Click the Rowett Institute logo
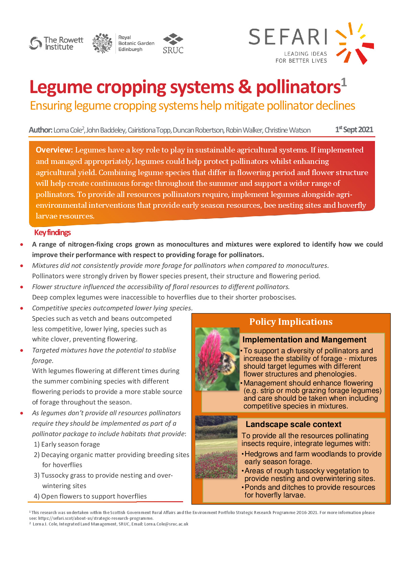click(x=56, y=43)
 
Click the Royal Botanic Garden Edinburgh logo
click(x=123, y=43)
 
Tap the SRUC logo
click(x=173, y=44)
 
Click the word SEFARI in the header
click(x=288, y=37)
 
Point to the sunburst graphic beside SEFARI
click(x=354, y=43)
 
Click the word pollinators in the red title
click(x=298, y=87)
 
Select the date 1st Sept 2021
click(x=354, y=130)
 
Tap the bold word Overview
click(x=54, y=150)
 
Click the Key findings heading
click(x=52, y=232)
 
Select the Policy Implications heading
click(x=291, y=322)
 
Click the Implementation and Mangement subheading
click(x=304, y=340)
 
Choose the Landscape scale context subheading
click(x=293, y=424)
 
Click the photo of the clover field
click(x=216, y=447)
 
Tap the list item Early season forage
click(x=70, y=444)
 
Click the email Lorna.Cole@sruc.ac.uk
click(x=166, y=524)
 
